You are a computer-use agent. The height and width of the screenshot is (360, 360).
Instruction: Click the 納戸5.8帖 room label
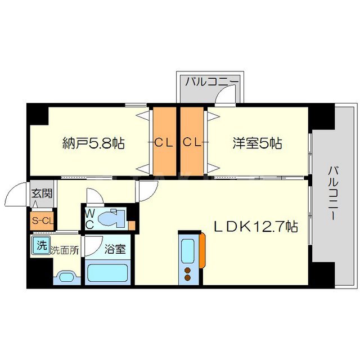pos(93,143)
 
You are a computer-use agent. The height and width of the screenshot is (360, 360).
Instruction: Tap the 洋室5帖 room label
pos(257,143)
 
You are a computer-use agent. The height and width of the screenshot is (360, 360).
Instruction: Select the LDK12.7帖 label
pos(255,227)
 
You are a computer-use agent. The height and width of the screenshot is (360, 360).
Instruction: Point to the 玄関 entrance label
pos(41,194)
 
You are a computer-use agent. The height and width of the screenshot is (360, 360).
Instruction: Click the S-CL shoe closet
pos(42,220)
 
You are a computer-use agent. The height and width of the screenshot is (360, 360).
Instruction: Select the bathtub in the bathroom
pos(109,274)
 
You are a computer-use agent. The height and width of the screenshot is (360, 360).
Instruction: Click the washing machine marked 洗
pos(41,245)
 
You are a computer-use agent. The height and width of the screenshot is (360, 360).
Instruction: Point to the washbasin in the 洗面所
pos(66,276)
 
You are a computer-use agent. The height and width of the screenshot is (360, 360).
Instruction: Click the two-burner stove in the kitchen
pos(187,274)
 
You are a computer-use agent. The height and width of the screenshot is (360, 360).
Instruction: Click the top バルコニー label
pos(212,83)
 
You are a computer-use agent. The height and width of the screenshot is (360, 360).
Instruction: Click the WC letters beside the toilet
pos(89,218)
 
